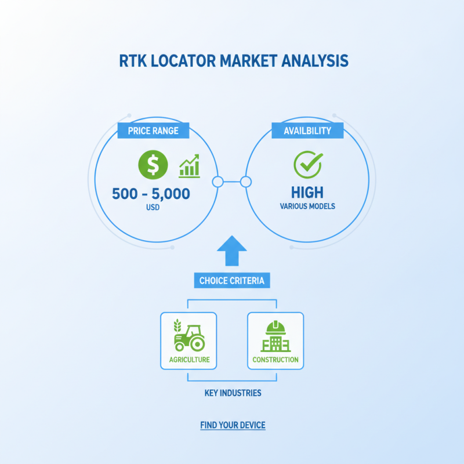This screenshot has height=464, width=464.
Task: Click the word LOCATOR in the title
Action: coord(183,61)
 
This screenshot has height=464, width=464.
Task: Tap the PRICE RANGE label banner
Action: coord(153,130)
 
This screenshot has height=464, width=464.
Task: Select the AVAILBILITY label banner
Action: coord(307,130)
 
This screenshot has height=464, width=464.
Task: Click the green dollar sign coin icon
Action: coord(153,165)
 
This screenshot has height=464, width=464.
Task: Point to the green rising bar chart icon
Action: coord(190,166)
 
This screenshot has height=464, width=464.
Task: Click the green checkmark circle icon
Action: coord(308,165)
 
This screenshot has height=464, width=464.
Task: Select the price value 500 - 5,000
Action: coord(151,194)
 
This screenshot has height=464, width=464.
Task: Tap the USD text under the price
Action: coord(153,207)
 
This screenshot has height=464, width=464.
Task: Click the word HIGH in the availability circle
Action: coord(307,193)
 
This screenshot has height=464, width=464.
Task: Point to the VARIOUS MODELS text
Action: coord(307,206)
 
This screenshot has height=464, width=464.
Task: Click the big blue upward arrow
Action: coord(231,251)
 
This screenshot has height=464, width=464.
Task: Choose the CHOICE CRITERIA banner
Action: coord(232,280)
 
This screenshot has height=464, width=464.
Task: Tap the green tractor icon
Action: coord(190,335)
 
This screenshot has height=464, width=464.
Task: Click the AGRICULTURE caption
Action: coord(190,360)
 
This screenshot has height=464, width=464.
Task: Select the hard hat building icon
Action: coord(276,336)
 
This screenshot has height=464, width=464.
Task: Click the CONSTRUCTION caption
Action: coord(275,360)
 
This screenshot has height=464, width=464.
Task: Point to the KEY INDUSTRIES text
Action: coord(233,393)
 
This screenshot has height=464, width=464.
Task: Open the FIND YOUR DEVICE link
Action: coord(233,425)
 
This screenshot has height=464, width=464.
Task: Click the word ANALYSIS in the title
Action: coord(315,61)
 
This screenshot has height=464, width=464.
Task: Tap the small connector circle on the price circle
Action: coord(218,182)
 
